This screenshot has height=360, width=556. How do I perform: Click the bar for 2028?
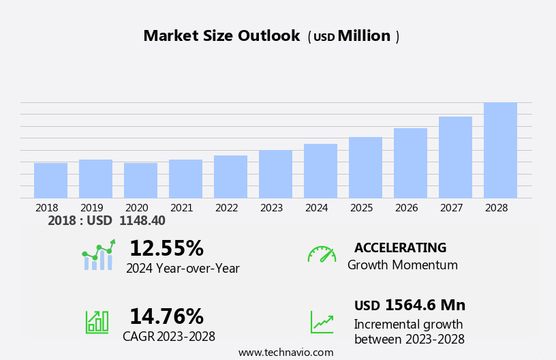pyautogui.click(x=500, y=150)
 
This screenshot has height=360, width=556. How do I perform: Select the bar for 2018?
pyautogui.click(x=50, y=181)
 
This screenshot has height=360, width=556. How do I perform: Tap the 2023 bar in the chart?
pyautogui.click(x=275, y=174)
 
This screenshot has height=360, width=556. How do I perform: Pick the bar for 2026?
pyautogui.click(x=410, y=163)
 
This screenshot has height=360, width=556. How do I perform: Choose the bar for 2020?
pyautogui.click(x=140, y=181)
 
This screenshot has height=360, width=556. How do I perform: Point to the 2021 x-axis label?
pyautogui.click(x=181, y=207)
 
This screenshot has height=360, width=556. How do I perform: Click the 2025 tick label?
pyautogui.click(x=361, y=207)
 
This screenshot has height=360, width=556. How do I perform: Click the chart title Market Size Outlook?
pyautogui.click(x=221, y=36)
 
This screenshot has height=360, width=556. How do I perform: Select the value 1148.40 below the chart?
pyautogui.click(x=142, y=221)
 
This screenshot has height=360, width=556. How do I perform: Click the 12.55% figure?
pyautogui.click(x=166, y=248)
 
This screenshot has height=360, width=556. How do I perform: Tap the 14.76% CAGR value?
pyautogui.click(x=166, y=316)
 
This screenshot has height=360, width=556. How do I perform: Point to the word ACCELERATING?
pyautogui.click(x=400, y=248)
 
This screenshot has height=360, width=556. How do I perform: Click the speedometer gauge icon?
pyautogui.click(x=322, y=254)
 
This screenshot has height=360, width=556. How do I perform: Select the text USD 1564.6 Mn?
pyautogui.click(x=410, y=305)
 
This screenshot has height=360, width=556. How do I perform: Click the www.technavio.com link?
pyautogui.click(x=285, y=352)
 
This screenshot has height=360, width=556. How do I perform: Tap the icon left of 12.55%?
pyautogui.click(x=98, y=255)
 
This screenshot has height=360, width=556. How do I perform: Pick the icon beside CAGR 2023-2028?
pyautogui.click(x=97, y=321)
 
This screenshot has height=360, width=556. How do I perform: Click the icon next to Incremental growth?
pyautogui.click(x=322, y=322)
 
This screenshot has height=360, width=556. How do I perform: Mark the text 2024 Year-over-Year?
pyautogui.click(x=183, y=269)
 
